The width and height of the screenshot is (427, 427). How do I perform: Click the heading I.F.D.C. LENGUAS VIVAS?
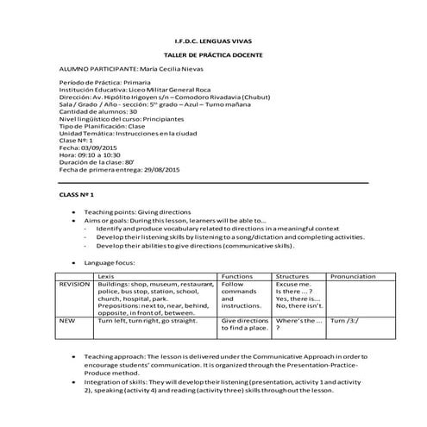pyautogui.click(x=213, y=41)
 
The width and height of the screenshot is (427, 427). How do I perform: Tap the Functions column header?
pyautogui.click(x=237, y=276)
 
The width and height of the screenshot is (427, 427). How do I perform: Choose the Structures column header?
pyautogui.click(x=291, y=276)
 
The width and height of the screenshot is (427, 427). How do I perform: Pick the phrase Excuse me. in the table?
pyautogui.click(x=292, y=284)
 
